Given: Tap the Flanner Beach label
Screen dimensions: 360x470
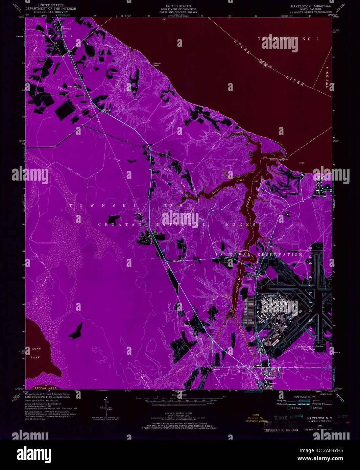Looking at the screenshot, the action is tap(157, 64).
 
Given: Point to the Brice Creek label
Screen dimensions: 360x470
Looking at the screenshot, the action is tap(73, 87).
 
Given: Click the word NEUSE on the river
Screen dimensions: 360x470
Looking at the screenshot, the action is tap(244, 49).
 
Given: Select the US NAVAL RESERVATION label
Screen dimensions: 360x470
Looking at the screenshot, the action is tap(259, 254).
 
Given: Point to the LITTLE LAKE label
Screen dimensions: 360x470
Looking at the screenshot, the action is tap(44, 388).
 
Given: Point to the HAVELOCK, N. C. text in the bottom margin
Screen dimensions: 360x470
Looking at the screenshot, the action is tap(315, 418).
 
